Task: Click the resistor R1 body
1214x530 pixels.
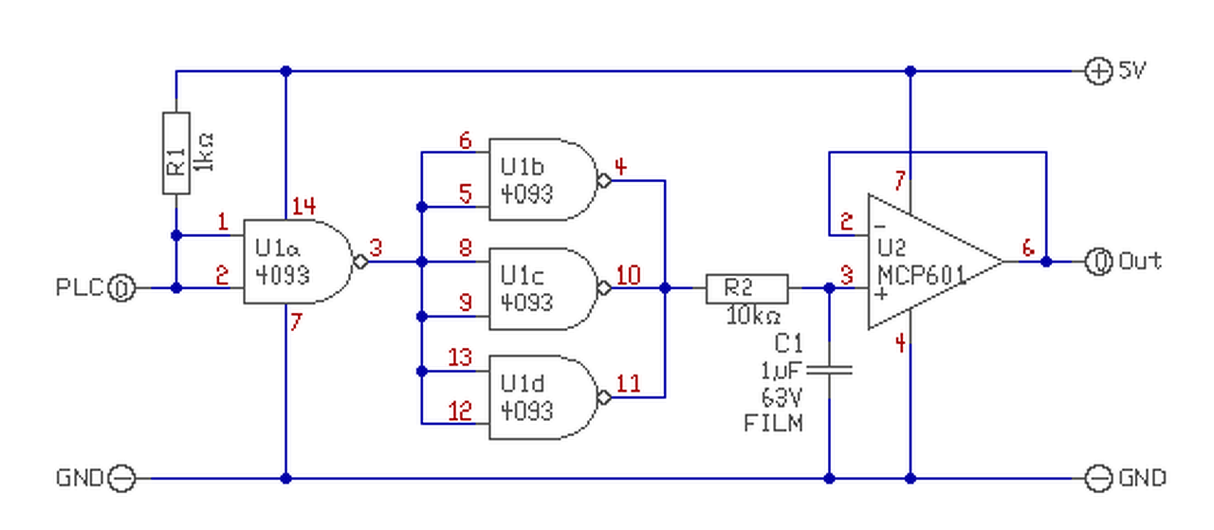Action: pos(176,153)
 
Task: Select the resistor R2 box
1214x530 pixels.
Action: pos(746,288)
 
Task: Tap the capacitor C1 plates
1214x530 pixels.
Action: pos(830,369)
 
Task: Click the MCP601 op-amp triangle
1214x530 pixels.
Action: pos(925,262)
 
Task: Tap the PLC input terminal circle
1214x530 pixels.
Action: pos(122,287)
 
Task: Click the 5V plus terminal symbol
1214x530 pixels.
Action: pos(1097,71)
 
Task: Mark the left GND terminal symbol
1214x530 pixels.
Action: pos(122,478)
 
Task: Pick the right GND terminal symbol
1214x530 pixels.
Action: pos(1097,478)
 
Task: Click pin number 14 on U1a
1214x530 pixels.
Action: pos(303,205)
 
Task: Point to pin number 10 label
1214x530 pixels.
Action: pos(628,276)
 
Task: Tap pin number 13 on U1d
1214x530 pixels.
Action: pos(459,358)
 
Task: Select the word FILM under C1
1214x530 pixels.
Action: pos(773,423)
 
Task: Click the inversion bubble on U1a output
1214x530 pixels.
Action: pos(359,262)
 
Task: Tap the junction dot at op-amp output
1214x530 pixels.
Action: pos(1046,262)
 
